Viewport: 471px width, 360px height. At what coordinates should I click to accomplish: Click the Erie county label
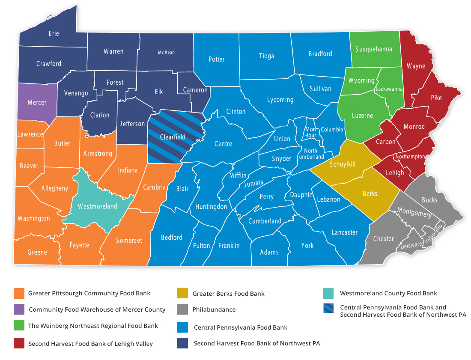click(x=54, y=33)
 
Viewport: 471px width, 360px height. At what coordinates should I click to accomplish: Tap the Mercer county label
click(x=37, y=103)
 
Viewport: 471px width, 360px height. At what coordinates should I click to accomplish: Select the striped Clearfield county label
click(x=173, y=137)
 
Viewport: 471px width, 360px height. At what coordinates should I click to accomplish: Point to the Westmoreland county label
click(x=97, y=206)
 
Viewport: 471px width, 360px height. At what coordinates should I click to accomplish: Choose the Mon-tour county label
click(x=310, y=133)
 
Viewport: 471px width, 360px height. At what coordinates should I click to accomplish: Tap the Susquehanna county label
click(x=373, y=49)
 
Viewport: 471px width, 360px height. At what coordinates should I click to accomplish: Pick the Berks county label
click(x=370, y=193)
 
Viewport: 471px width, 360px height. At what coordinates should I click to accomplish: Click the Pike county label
click(x=436, y=98)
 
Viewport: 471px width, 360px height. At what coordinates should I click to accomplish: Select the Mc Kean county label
click(x=166, y=53)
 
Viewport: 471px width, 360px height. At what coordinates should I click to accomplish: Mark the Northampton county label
click(x=410, y=157)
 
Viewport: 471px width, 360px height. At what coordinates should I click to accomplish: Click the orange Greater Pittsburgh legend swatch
click(x=19, y=293)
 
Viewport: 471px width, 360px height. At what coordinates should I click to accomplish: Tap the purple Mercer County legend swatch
click(x=19, y=309)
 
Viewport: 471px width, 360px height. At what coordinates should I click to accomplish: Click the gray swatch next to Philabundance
click(x=182, y=309)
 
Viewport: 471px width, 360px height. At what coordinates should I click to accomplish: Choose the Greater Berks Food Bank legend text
click(x=228, y=294)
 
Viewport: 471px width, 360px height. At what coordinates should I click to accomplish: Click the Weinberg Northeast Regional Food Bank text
click(x=93, y=326)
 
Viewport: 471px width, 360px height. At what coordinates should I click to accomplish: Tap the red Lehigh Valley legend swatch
click(x=19, y=343)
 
